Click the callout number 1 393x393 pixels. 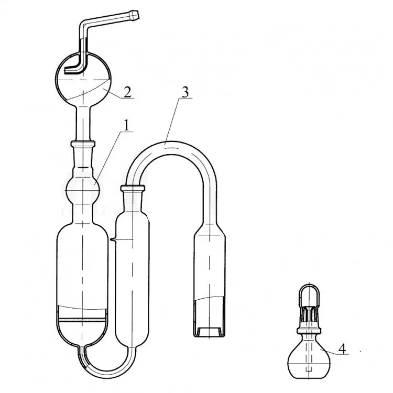click(x=127, y=125)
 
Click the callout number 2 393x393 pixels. click(x=127, y=92)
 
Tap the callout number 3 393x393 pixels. click(x=185, y=92)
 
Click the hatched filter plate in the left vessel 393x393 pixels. click(x=82, y=320)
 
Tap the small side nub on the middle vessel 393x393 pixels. click(x=112, y=240)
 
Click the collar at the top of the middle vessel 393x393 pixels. click(x=133, y=187)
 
